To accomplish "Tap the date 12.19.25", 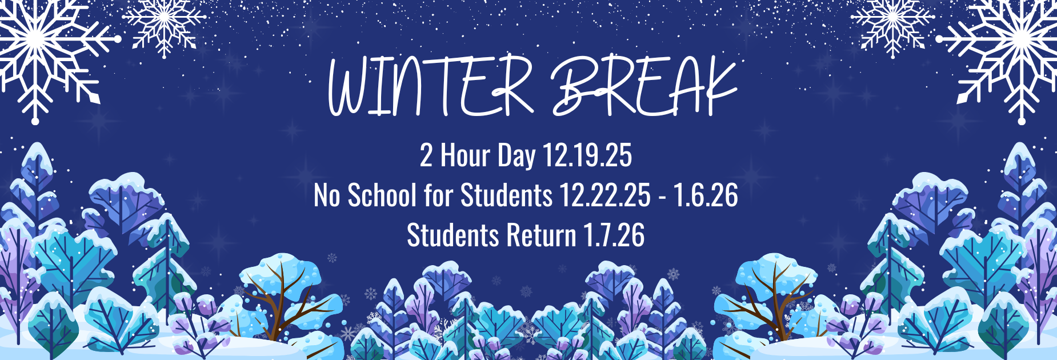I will pos(587,155).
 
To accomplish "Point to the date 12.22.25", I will pos(604,195).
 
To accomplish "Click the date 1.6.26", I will pos(706,195).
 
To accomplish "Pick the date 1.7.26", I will pos(614,235).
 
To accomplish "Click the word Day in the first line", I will pos(516,155).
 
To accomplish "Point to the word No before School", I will pos(327,195).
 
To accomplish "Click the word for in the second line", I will pos(438,195).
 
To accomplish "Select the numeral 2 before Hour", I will pos(426,155).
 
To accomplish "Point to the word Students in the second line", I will pos(506,195).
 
